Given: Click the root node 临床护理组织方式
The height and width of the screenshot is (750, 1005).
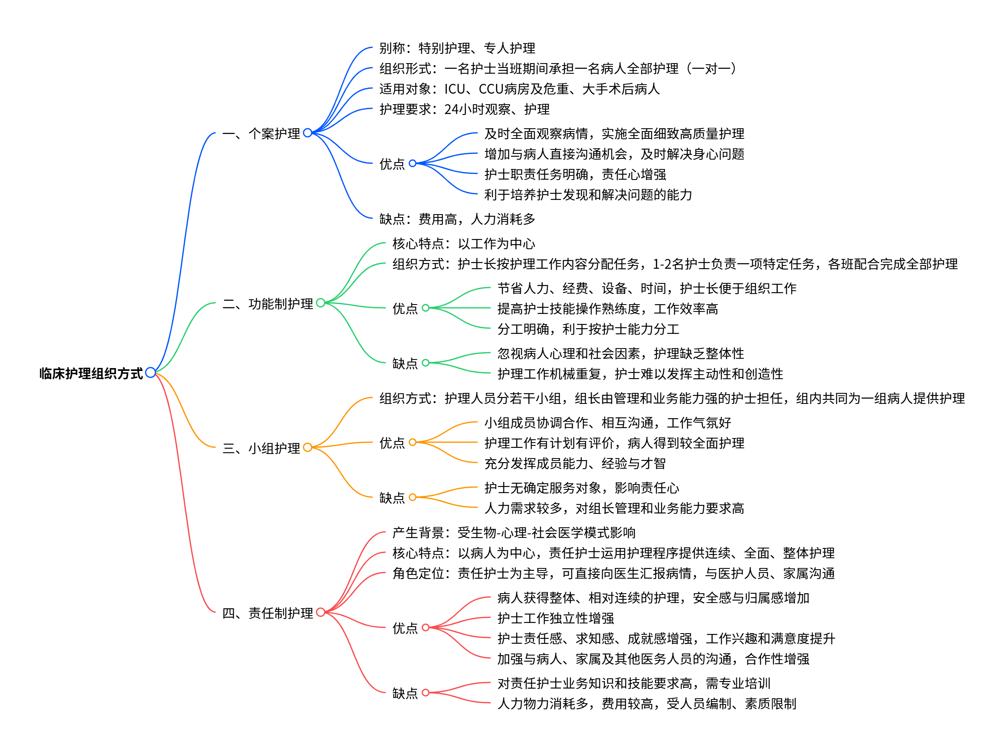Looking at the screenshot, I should (91, 373).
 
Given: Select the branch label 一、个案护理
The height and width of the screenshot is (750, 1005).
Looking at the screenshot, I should (261, 134).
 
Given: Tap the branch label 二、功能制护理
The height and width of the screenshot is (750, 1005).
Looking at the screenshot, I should (267, 303).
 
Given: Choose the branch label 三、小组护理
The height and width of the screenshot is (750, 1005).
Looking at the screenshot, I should (261, 448).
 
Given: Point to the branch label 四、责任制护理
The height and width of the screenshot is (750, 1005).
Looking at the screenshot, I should (267, 613).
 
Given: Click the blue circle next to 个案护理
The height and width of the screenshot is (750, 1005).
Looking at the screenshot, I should (307, 133).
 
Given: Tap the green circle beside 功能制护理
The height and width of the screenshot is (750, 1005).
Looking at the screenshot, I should (320, 303).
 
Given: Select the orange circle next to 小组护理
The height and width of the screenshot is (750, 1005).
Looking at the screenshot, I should (307, 447).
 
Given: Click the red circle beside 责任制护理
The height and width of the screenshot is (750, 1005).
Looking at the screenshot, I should (320, 612).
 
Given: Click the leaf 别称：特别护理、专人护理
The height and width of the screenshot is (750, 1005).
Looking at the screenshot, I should (457, 48).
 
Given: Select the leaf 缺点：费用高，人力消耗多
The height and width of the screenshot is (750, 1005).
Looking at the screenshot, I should (457, 219).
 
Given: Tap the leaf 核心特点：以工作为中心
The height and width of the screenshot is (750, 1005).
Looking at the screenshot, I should (463, 243).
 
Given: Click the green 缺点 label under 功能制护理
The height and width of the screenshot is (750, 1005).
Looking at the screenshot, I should (405, 363).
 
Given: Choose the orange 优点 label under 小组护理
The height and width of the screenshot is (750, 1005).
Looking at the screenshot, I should (391, 443).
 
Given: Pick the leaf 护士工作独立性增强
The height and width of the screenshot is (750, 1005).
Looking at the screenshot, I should (555, 618).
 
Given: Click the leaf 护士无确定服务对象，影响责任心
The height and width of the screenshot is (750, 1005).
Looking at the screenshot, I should (581, 488).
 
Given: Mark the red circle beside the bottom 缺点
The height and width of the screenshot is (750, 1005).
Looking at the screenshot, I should (425, 692).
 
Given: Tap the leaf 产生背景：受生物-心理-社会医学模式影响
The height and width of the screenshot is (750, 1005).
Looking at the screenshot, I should (513, 533).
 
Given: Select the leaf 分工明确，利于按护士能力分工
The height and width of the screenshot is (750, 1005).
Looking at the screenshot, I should (588, 329).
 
